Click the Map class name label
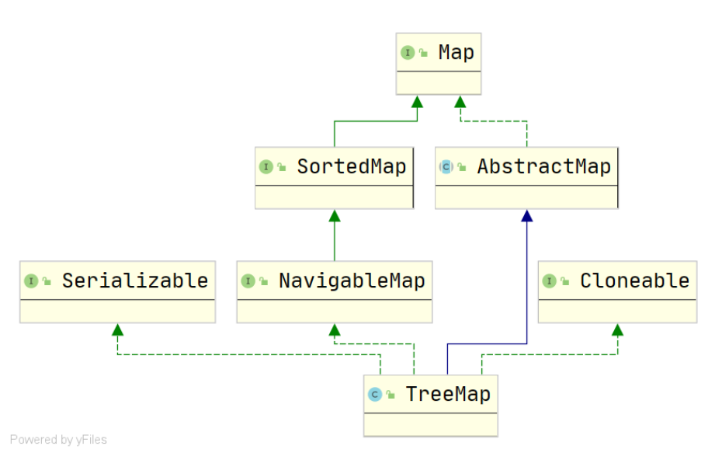pyautogui.click(x=456, y=52)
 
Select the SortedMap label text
pyautogui.click(x=351, y=166)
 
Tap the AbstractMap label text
pyautogui.click(x=543, y=166)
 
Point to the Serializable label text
pyautogui.click(x=134, y=281)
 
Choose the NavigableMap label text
pyautogui.click(x=351, y=281)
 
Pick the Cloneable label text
pyautogui.click(x=634, y=281)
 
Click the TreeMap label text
pyautogui.click(x=448, y=394)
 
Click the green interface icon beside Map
pyautogui.click(x=408, y=53)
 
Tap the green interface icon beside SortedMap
pyautogui.click(x=266, y=167)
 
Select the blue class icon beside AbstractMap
pyautogui.click(x=446, y=167)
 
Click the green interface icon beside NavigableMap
pyautogui.click(x=248, y=281)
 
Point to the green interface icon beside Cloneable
pyautogui.click(x=549, y=281)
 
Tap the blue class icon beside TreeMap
pyautogui.click(x=375, y=395)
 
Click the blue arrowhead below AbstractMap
pyautogui.click(x=527, y=215)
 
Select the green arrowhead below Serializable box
pyautogui.click(x=117, y=329)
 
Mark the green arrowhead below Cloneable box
pyautogui.click(x=617, y=329)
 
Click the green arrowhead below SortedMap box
pyautogui.click(x=335, y=215)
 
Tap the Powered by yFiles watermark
pyautogui.click(x=58, y=440)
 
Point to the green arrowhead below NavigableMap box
pyautogui.click(x=335, y=329)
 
